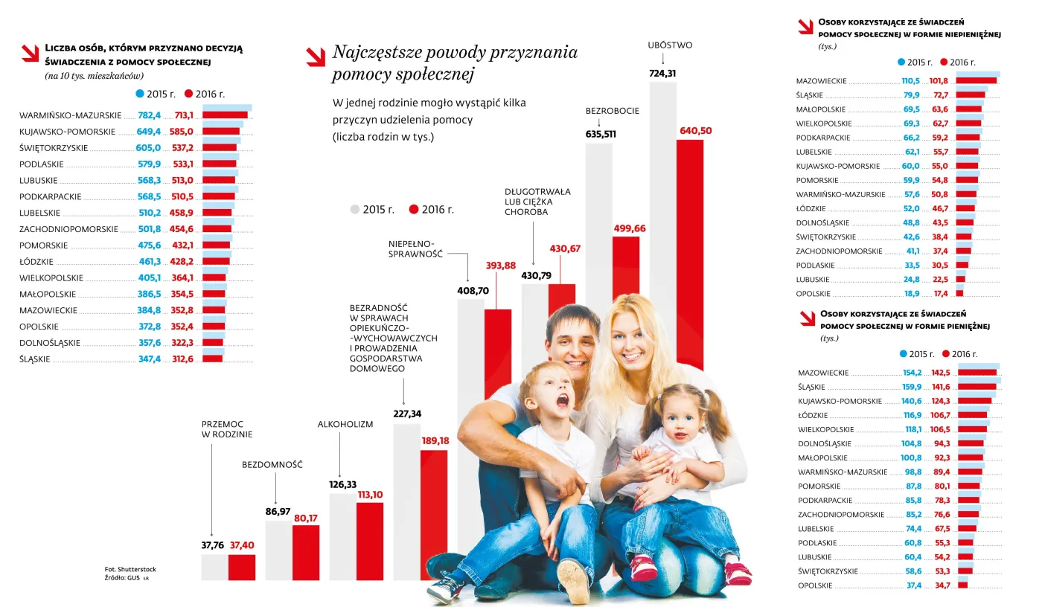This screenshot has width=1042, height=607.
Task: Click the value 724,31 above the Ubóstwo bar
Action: [x=662, y=73]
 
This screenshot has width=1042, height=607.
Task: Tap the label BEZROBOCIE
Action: [x=612, y=111]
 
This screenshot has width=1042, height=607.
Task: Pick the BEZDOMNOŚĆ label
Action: [x=272, y=465]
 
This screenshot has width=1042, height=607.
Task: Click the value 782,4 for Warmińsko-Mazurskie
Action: [x=149, y=115]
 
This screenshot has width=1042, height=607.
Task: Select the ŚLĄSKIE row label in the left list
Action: [x=35, y=359]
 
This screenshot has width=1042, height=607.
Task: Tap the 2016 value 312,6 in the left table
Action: [x=182, y=359]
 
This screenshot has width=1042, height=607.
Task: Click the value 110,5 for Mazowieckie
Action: [x=911, y=81]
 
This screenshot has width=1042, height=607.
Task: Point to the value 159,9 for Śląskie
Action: [x=912, y=387]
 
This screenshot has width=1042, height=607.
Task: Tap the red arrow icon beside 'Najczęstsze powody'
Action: [x=315, y=56]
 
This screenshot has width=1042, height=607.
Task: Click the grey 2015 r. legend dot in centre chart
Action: [x=355, y=210]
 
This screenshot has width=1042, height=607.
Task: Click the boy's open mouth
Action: [x=563, y=401]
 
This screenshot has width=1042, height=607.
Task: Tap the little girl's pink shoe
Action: [x=644, y=568]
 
